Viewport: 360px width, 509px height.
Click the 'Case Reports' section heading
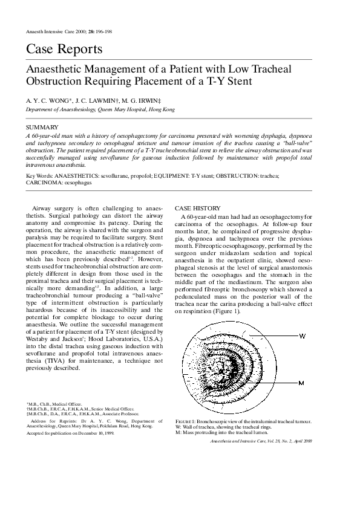[56, 50]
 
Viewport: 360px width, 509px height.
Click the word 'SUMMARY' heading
[42, 128]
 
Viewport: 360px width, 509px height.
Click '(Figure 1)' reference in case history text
[223, 311]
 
